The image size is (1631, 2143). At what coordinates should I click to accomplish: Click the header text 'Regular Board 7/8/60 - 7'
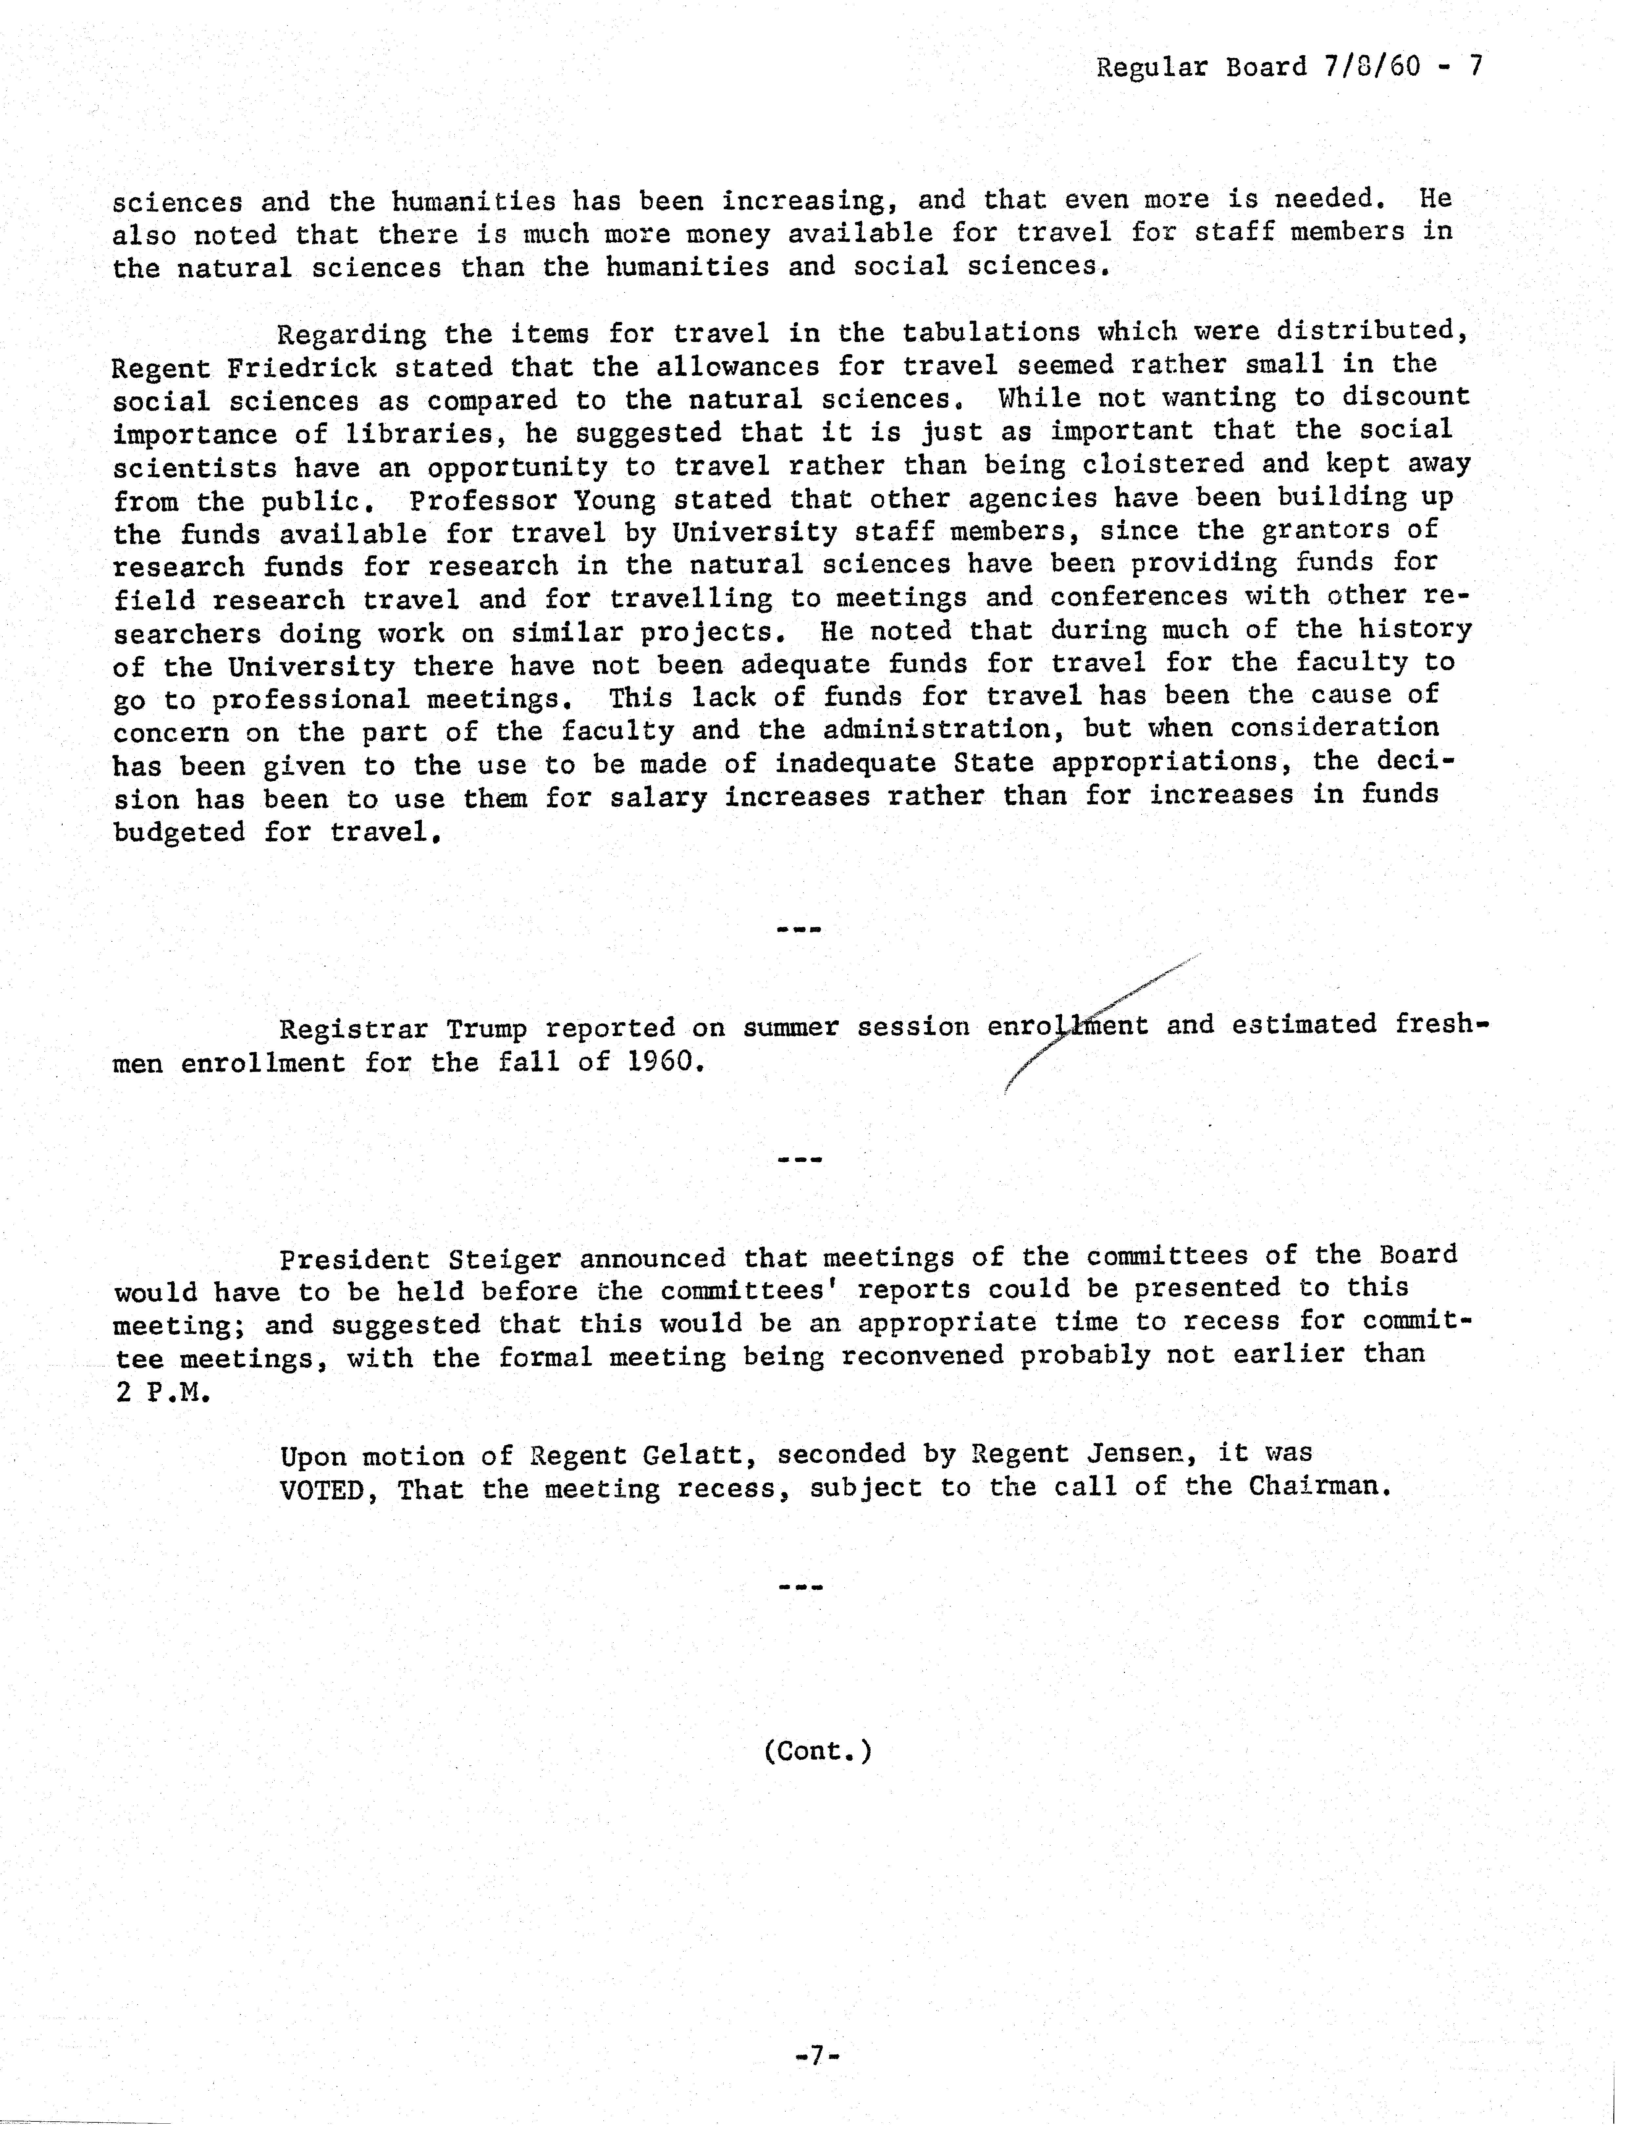1289,67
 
